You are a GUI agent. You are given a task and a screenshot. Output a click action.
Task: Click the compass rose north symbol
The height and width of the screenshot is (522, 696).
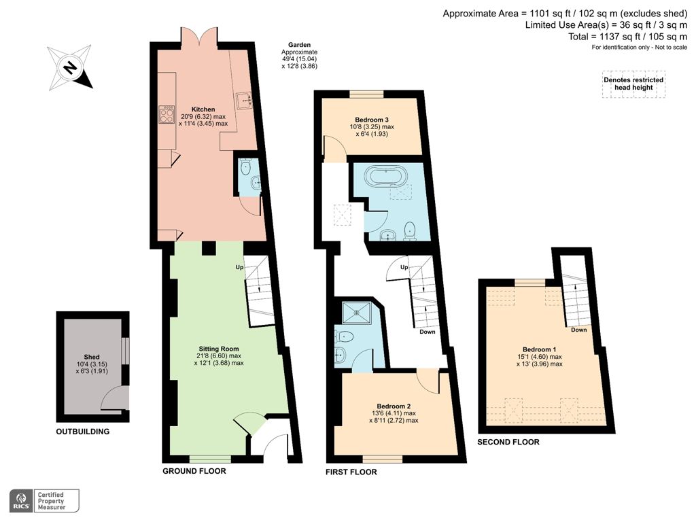pyautogui.click(x=69, y=67)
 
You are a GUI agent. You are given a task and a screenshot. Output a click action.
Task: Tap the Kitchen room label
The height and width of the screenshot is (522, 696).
pyautogui.click(x=203, y=109)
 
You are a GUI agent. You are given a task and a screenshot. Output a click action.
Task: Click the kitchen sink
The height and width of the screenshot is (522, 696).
pyautogui.click(x=245, y=101)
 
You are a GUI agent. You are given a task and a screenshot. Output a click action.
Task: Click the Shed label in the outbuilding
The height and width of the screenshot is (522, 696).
pyautogui.click(x=92, y=358)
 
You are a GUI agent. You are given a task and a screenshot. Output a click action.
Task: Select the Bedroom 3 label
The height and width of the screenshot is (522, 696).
pyautogui.click(x=372, y=120)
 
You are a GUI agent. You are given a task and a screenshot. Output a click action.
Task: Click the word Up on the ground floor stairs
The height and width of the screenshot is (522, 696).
pyautogui.click(x=239, y=267)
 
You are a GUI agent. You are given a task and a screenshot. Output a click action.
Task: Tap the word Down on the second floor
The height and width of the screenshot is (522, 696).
pyautogui.click(x=578, y=330)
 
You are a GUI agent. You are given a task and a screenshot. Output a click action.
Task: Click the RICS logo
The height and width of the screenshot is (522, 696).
pyautogui.click(x=20, y=501)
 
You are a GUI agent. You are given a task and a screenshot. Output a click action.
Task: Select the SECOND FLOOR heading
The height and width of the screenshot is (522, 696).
pyautogui.click(x=508, y=442)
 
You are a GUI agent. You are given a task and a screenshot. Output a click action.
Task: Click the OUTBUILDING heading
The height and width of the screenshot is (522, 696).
pyautogui.click(x=82, y=432)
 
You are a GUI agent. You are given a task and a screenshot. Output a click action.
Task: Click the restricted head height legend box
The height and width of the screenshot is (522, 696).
pyautogui.click(x=633, y=84)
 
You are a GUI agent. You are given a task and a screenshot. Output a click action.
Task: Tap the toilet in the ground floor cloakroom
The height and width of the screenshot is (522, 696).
pyautogui.click(x=246, y=167)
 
